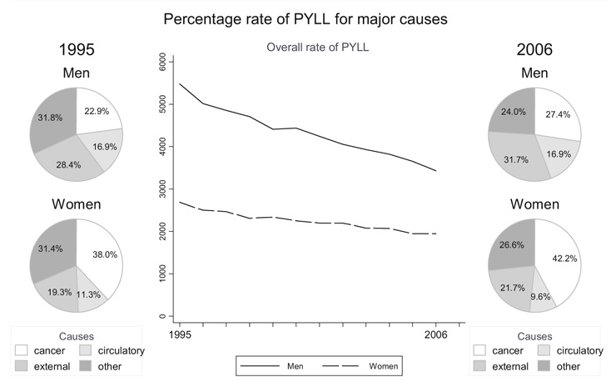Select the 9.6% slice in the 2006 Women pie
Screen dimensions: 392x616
(x=541, y=296)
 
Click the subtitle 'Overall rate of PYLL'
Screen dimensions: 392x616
(x=317, y=48)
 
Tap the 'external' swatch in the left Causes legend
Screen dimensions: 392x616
(x=22, y=367)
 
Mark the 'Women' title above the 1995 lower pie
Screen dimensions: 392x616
(x=77, y=205)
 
